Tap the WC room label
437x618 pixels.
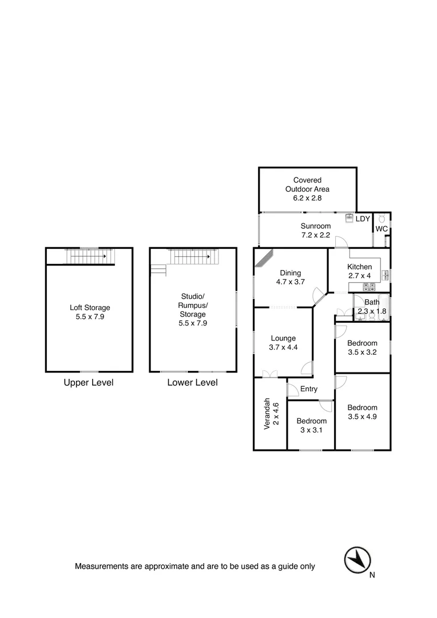click(382, 229)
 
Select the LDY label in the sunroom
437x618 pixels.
click(363, 219)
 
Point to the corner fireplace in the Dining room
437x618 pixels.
click(264, 258)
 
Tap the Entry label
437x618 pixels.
click(309, 389)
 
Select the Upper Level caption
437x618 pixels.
click(89, 382)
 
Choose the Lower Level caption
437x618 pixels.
click(192, 382)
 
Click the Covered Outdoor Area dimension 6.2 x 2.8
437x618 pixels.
click(307, 198)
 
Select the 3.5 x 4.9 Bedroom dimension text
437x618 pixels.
click(362, 417)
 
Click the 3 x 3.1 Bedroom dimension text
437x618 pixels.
click(311, 430)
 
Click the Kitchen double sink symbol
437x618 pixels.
click(386, 275)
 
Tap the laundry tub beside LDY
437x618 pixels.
click(349, 218)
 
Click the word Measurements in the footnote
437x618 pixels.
click(102, 566)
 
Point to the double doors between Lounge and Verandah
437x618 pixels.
click(269, 374)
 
